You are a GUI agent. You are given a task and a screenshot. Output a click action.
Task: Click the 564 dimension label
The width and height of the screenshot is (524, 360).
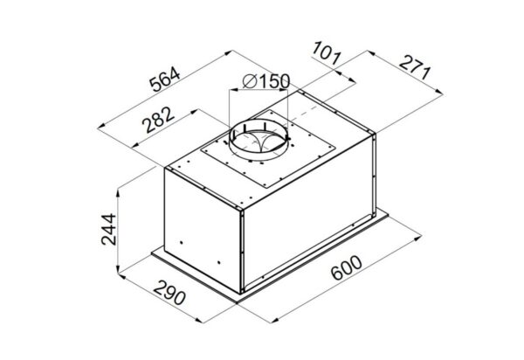pyautogui.click(x=165, y=80)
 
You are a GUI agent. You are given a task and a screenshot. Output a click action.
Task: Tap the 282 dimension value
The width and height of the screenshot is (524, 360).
pyautogui.click(x=158, y=120)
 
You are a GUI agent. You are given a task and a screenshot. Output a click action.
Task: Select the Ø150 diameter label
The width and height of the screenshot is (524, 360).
pyautogui.click(x=266, y=81)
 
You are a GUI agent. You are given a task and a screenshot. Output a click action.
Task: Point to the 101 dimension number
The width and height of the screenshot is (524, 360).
pyautogui.click(x=327, y=52)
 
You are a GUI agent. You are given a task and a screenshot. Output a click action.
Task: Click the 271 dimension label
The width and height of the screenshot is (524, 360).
pyautogui.click(x=415, y=68)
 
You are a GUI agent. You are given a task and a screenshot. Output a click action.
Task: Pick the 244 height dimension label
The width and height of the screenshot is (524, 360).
pyautogui.click(x=109, y=229)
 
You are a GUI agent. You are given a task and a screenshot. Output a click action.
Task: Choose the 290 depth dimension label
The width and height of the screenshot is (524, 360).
pyautogui.click(x=169, y=293)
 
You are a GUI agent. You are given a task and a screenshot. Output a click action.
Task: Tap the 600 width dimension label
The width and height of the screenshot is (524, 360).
pyautogui.click(x=347, y=267)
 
